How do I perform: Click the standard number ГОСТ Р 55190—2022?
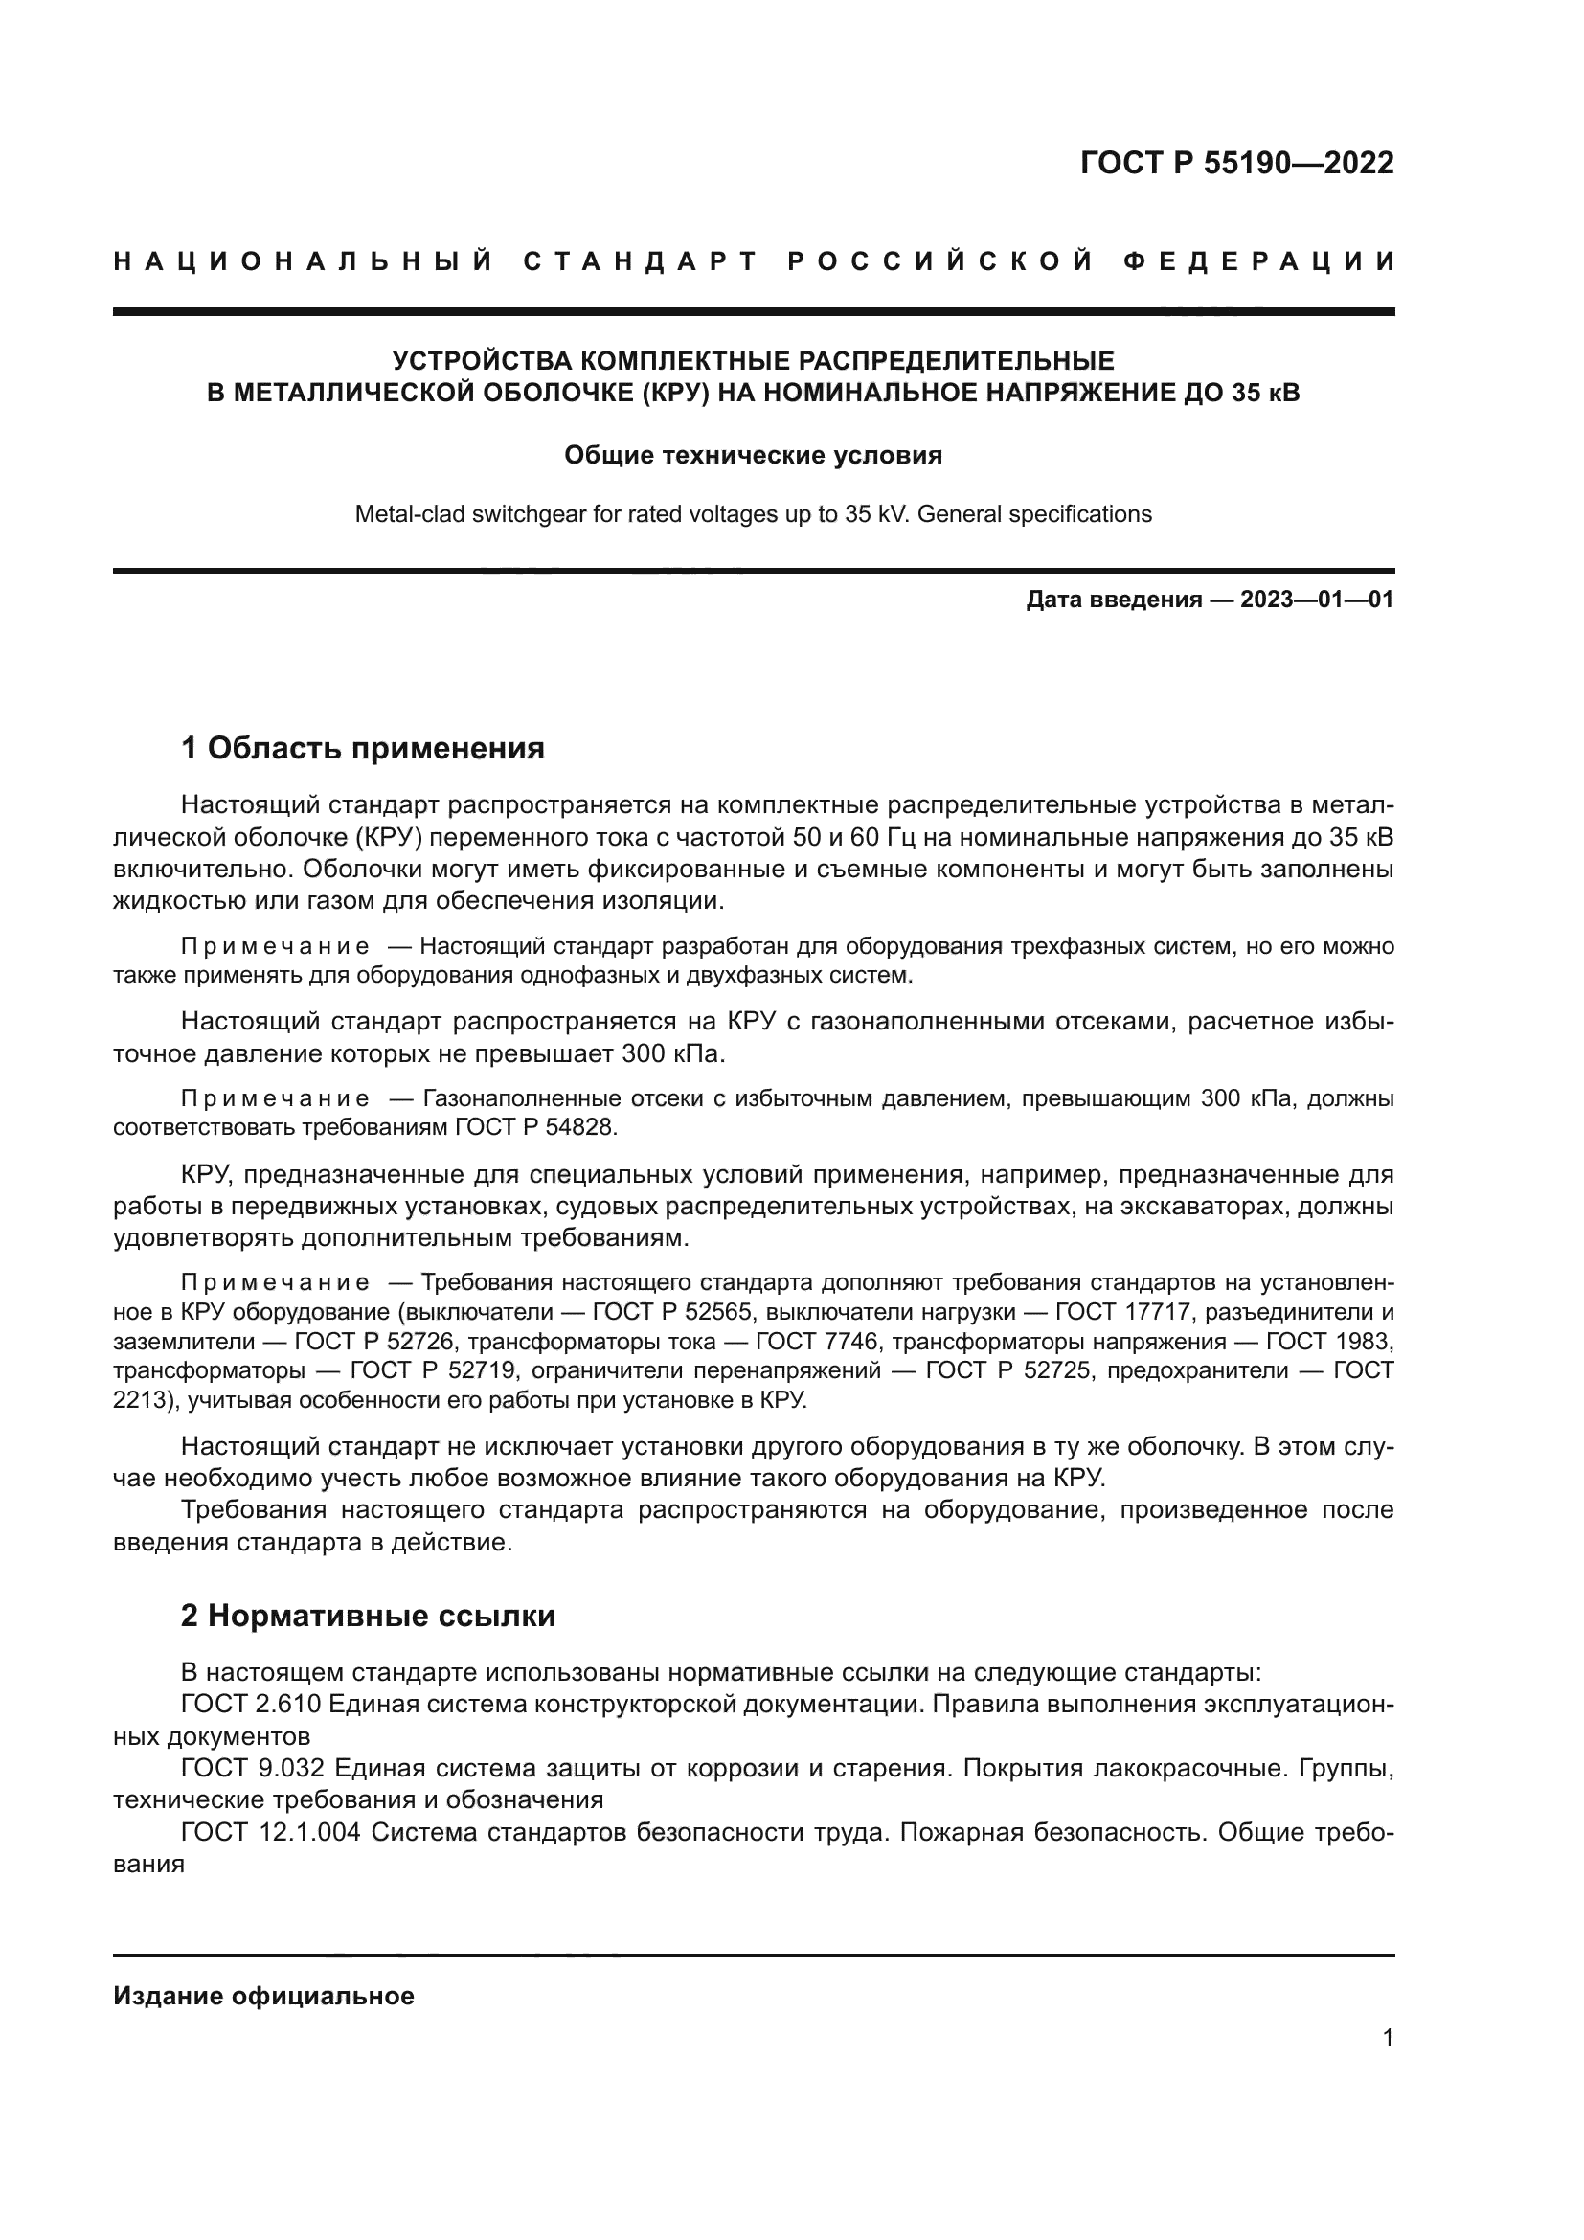(1236, 163)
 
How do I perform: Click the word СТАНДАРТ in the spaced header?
(641, 261)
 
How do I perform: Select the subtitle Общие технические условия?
(753, 456)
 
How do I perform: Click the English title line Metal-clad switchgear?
(753, 514)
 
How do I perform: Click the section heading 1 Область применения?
(362, 748)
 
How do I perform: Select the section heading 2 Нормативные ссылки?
(368, 1616)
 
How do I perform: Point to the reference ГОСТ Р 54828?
(535, 1127)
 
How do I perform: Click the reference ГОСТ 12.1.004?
(270, 1832)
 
